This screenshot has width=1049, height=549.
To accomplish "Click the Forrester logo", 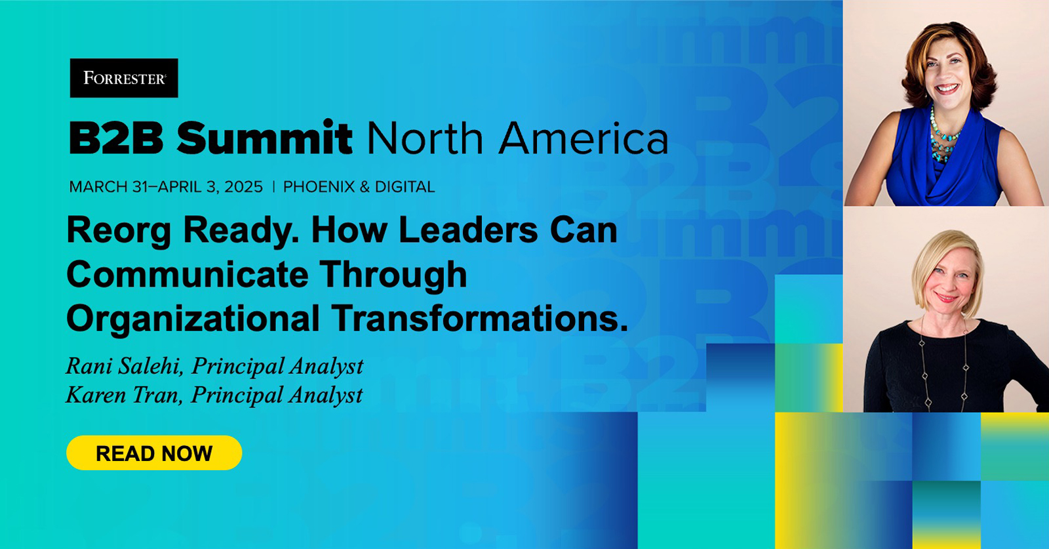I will [x=124, y=78].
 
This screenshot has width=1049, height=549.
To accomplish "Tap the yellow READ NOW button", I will [x=154, y=453].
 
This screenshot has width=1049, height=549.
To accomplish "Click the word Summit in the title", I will [x=264, y=138].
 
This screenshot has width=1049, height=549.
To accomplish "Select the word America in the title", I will [x=584, y=138].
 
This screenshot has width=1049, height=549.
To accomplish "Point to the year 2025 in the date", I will [x=243, y=187].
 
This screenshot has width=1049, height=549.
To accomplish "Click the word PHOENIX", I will [x=319, y=187].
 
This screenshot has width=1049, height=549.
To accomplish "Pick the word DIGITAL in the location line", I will [x=405, y=187].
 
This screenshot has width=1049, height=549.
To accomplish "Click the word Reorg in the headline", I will [x=118, y=231].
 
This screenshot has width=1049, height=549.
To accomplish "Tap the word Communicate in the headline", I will [x=188, y=274].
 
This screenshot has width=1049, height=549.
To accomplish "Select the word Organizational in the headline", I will [x=193, y=318].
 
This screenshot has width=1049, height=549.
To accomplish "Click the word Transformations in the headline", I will [x=479, y=318].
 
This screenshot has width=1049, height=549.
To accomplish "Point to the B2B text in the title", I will [x=116, y=138].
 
